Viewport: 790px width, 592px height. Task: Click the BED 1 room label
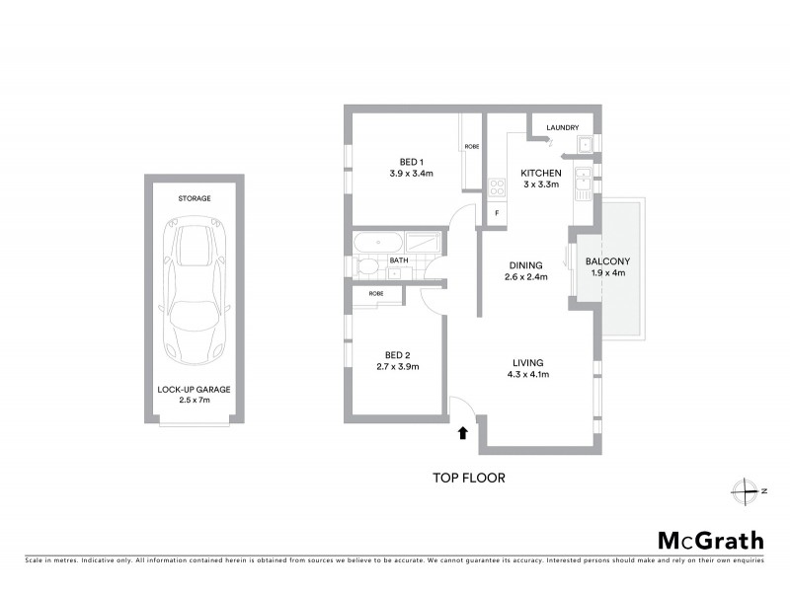(x=412, y=162)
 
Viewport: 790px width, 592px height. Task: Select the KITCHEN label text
(x=540, y=172)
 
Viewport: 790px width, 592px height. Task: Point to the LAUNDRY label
(x=562, y=127)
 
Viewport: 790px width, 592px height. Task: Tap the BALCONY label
(x=607, y=261)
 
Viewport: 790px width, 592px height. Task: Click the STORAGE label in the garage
(x=194, y=198)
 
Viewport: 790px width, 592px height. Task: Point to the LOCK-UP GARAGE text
(x=194, y=390)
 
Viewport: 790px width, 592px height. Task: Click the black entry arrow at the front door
(x=462, y=431)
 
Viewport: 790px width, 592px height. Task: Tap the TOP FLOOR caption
(x=469, y=479)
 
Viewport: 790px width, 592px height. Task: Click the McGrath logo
(x=710, y=540)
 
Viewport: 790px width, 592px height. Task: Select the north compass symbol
(x=744, y=490)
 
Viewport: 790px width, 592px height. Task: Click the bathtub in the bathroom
(x=379, y=243)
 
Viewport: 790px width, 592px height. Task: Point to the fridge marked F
(x=497, y=213)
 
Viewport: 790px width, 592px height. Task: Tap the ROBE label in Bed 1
(x=471, y=147)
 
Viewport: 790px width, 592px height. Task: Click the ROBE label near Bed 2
(x=376, y=294)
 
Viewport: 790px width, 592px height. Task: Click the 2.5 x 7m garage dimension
(x=194, y=402)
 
